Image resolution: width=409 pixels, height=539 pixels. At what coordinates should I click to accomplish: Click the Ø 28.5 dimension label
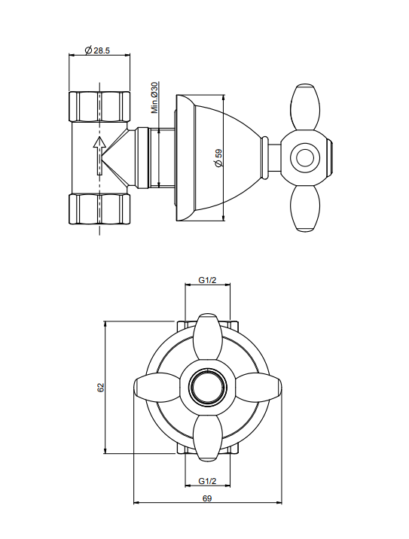click(97, 50)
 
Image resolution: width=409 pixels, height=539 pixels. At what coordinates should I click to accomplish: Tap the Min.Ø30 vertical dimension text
click(154, 98)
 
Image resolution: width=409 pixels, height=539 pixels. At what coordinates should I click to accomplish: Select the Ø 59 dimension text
click(218, 158)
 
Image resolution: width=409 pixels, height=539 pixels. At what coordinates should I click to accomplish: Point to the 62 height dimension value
click(100, 388)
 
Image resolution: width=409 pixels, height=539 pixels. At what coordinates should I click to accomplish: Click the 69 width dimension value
click(207, 498)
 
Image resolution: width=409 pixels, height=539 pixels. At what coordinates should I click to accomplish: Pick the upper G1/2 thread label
click(207, 280)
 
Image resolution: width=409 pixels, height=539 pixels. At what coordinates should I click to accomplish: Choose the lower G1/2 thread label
click(207, 481)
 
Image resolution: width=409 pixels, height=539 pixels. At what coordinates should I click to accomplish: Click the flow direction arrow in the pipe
click(99, 155)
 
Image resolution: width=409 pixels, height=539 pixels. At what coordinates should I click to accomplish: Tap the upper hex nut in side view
click(99, 106)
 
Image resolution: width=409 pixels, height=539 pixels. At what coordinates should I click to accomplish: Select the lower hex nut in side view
click(99, 209)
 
